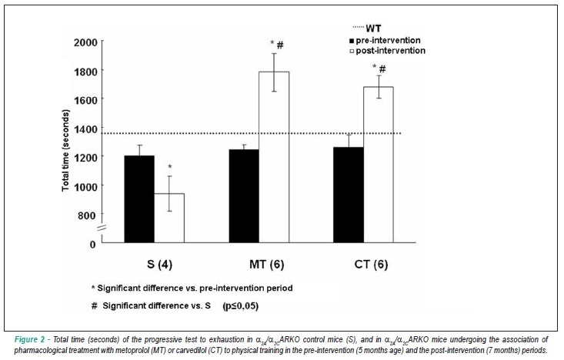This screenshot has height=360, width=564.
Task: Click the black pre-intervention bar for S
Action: click(x=139, y=199)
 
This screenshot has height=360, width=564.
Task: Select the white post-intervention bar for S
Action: click(x=169, y=218)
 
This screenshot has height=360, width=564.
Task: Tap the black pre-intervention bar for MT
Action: click(x=244, y=196)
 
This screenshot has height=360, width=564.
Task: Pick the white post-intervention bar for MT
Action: click(x=274, y=158)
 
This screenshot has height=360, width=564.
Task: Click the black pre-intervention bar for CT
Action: click(x=349, y=195)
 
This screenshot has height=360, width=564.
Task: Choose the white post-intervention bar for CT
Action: click(x=379, y=165)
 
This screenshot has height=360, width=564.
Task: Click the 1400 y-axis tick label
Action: click(x=85, y=128)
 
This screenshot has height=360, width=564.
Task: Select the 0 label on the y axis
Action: click(x=93, y=245)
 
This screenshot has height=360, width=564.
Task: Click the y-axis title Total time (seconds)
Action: click(x=65, y=150)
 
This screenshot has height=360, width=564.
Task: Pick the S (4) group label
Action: click(x=160, y=265)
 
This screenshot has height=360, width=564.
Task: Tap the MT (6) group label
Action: click(x=266, y=265)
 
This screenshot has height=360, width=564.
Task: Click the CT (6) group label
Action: click(x=371, y=265)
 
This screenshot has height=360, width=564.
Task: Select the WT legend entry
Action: click(x=367, y=28)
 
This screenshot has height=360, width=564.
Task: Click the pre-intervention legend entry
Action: click(x=385, y=40)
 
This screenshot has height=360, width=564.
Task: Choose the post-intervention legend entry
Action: click(x=387, y=51)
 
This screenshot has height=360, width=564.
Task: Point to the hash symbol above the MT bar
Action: click(x=280, y=45)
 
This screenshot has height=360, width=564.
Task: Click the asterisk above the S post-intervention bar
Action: click(x=170, y=166)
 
